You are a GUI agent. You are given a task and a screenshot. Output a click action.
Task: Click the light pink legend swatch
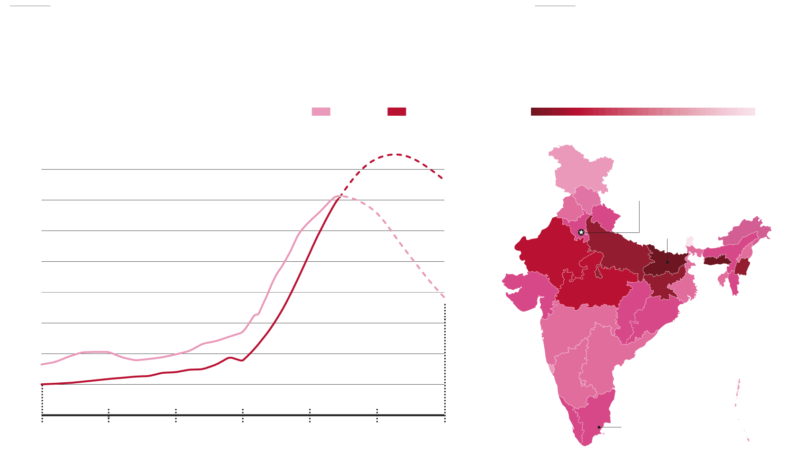[x=320, y=111]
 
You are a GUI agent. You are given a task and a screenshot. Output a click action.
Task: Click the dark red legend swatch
[x=396, y=111]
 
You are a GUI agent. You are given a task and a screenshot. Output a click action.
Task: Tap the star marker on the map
[x=581, y=232]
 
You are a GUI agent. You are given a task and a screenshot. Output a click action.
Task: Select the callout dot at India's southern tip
[x=599, y=427]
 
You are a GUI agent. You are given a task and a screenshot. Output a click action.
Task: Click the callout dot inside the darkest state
[x=667, y=262]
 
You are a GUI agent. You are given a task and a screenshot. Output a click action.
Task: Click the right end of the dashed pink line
[x=444, y=297]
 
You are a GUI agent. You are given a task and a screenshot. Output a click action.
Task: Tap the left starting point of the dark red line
[x=42, y=384]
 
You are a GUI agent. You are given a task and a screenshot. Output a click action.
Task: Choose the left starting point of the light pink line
[x=42, y=364]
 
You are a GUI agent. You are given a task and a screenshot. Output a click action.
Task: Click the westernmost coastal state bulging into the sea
[x=524, y=290]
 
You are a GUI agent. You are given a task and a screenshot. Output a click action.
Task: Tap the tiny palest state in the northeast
[x=690, y=241]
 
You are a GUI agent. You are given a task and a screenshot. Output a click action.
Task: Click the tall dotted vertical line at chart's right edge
[x=445, y=360]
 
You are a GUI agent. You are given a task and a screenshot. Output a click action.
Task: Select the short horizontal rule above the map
[x=555, y=6]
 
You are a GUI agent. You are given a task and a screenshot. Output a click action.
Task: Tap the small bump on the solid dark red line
[x=231, y=358]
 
